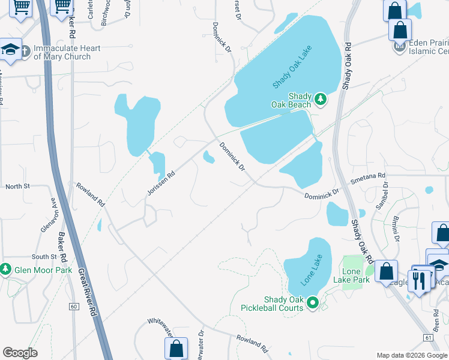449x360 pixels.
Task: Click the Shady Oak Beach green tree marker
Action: (320, 98)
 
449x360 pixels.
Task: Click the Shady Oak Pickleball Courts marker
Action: (312, 304)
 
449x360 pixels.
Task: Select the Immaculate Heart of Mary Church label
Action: (62, 52)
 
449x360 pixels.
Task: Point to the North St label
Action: (17, 187)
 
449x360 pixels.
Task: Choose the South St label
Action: (44, 256)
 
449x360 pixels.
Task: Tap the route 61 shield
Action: (427, 338)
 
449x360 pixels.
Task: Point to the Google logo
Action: (20, 353)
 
